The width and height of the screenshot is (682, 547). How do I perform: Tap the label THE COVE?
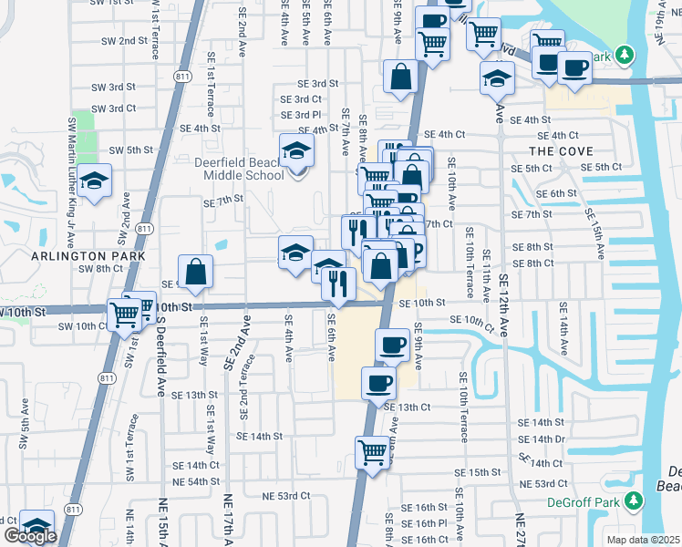561,151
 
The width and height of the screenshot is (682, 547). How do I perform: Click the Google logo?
30,536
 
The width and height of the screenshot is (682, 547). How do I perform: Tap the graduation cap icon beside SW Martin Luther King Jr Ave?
94,181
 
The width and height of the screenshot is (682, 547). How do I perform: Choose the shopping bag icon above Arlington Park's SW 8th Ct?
196,271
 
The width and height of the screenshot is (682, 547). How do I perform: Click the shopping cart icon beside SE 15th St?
373,450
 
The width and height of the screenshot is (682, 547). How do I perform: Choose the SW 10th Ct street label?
83,325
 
